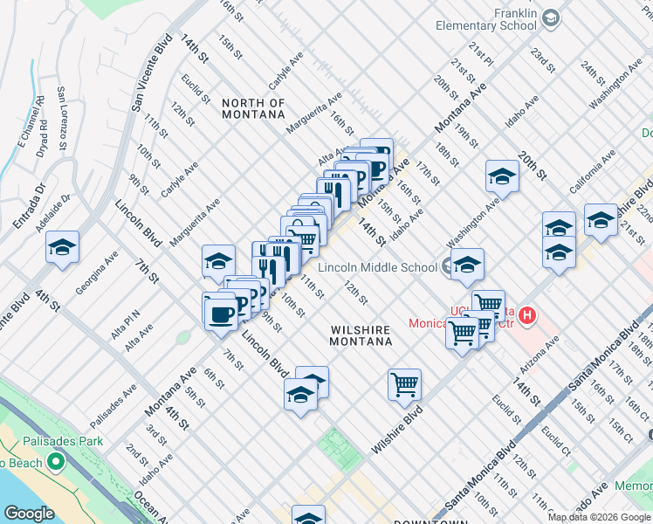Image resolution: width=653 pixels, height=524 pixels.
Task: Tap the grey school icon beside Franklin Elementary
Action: [550, 17]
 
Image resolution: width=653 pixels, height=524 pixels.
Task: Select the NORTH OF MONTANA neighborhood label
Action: [253, 108]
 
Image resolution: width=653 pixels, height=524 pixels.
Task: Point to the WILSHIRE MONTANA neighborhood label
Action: [361, 335]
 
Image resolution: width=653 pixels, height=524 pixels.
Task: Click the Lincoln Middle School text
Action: [378, 267]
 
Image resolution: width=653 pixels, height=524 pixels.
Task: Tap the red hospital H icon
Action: [526, 314]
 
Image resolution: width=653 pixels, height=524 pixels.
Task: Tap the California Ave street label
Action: [593, 171]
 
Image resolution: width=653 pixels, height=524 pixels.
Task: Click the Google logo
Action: [29, 514]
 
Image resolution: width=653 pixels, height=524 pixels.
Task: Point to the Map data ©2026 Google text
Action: [599, 517]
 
